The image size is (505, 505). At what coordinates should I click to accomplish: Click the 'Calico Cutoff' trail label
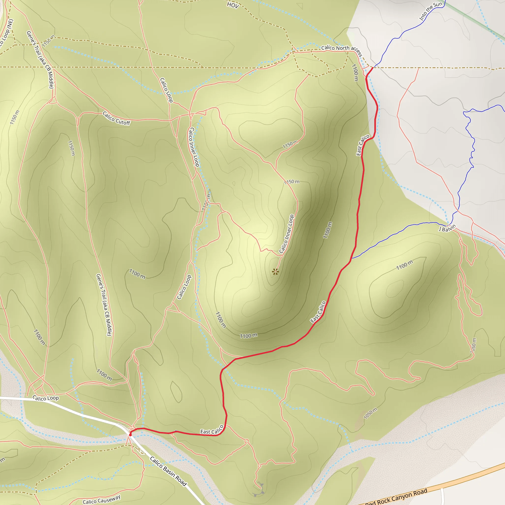[116, 118]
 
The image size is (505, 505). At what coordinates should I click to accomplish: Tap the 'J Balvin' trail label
[447, 228]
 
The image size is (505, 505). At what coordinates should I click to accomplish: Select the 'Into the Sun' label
[431, 11]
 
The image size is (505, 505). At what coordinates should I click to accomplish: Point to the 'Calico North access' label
[342, 50]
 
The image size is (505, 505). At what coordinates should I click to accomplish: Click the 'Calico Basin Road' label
[168, 471]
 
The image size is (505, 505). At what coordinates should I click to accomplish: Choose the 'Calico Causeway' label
[101, 499]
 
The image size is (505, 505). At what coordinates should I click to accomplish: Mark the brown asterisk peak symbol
[275, 272]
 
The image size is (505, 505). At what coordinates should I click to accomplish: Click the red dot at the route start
[130, 435]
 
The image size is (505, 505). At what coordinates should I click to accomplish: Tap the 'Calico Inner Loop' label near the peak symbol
[287, 234]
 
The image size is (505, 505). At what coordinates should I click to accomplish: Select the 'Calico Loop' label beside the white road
[46, 398]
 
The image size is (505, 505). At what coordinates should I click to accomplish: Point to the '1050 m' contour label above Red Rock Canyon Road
[370, 413]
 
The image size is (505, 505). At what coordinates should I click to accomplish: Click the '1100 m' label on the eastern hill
[405, 265]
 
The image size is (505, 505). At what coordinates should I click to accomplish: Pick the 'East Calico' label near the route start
[212, 430]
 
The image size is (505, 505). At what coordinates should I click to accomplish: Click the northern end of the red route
[372, 68]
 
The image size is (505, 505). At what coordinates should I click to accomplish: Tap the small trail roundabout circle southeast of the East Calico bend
[247, 441]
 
